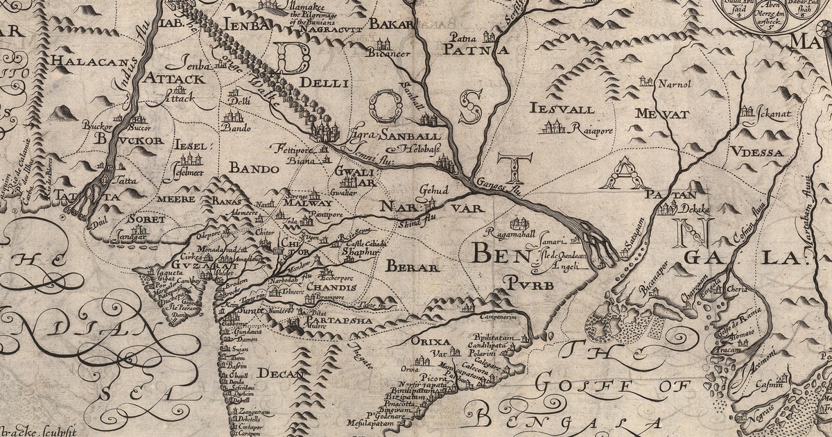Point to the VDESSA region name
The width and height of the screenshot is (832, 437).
(x=756, y=152)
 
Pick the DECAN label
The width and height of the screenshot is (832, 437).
(x=281, y=374)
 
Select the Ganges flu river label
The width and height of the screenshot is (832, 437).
(x=500, y=185)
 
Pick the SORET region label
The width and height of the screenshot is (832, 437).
(x=147, y=219)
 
